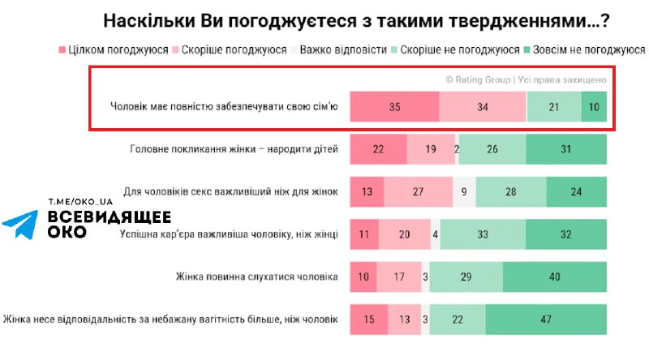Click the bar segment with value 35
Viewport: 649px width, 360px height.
[394, 107]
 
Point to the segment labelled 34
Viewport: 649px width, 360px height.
[483, 107]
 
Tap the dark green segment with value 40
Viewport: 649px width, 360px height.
[555, 276]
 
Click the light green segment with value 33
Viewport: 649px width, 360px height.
[484, 234]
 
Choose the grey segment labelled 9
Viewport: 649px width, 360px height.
[464, 192]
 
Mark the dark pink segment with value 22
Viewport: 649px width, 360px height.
[378, 150]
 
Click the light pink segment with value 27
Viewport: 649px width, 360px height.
[418, 192]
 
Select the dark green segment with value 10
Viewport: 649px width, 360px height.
[594, 107]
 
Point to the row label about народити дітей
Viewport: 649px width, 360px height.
[234, 150]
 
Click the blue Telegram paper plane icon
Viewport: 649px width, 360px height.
[20, 225]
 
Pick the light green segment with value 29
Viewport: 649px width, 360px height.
[466, 276]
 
